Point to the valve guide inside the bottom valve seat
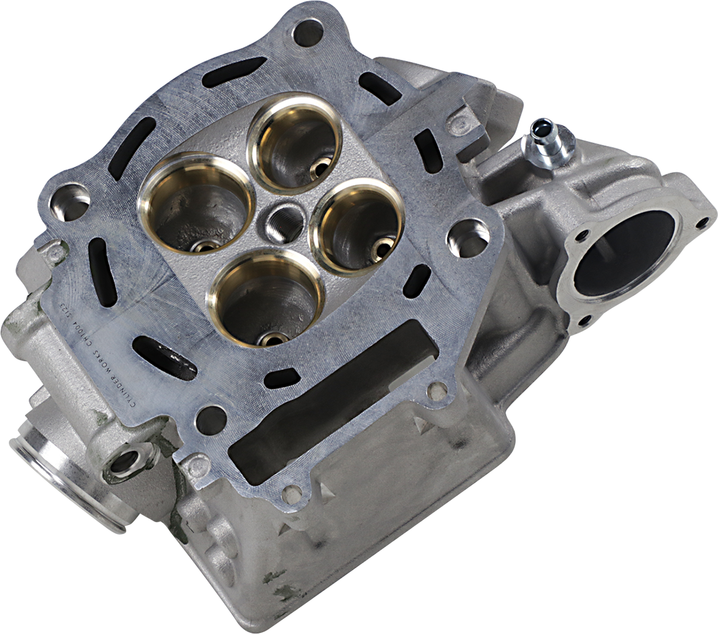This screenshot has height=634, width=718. (x=272, y=340)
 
